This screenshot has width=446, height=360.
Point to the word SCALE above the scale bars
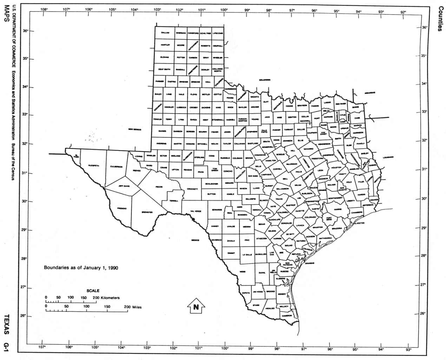tap(93, 291)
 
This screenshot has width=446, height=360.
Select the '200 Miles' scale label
tap(133, 307)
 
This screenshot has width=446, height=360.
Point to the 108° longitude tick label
tap(44, 9)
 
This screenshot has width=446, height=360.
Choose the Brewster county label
tap(147, 212)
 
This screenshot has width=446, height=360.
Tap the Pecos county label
tap(159, 187)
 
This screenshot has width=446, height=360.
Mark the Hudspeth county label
tap(93, 165)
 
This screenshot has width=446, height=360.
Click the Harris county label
tap(338, 209)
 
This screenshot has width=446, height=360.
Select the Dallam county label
tap(165, 33)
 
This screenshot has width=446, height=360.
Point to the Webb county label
tap(242, 271)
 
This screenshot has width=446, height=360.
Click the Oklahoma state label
tap(265, 80)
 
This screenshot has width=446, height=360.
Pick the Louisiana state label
tap(388, 157)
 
